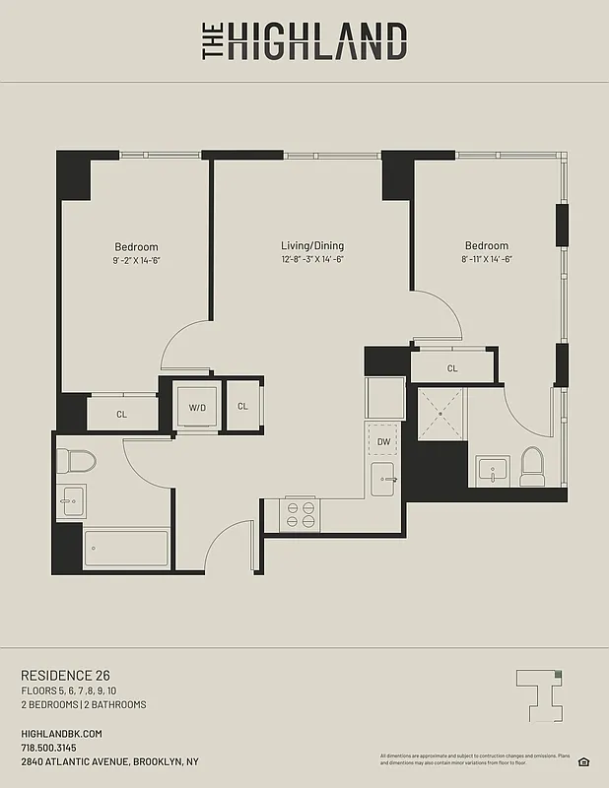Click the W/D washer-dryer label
pyautogui.click(x=197, y=406)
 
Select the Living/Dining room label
pyautogui.click(x=312, y=246)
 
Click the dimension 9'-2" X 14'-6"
pyautogui.click(x=136, y=260)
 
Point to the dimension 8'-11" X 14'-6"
pyautogui.click(x=487, y=260)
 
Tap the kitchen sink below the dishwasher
pyautogui.click(x=383, y=481)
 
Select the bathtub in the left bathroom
pyautogui.click(x=125, y=549)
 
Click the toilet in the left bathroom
pyautogui.click(x=75, y=460)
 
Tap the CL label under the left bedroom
pyautogui.click(x=122, y=415)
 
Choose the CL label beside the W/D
pyautogui.click(x=242, y=406)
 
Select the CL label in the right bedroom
pyautogui.click(x=452, y=368)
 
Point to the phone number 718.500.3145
pyautogui.click(x=55, y=749)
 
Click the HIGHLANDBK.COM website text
pyautogui.click(x=61, y=734)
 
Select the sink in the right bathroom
pyautogui.click(x=492, y=470)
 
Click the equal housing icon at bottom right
pyautogui.click(x=583, y=760)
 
